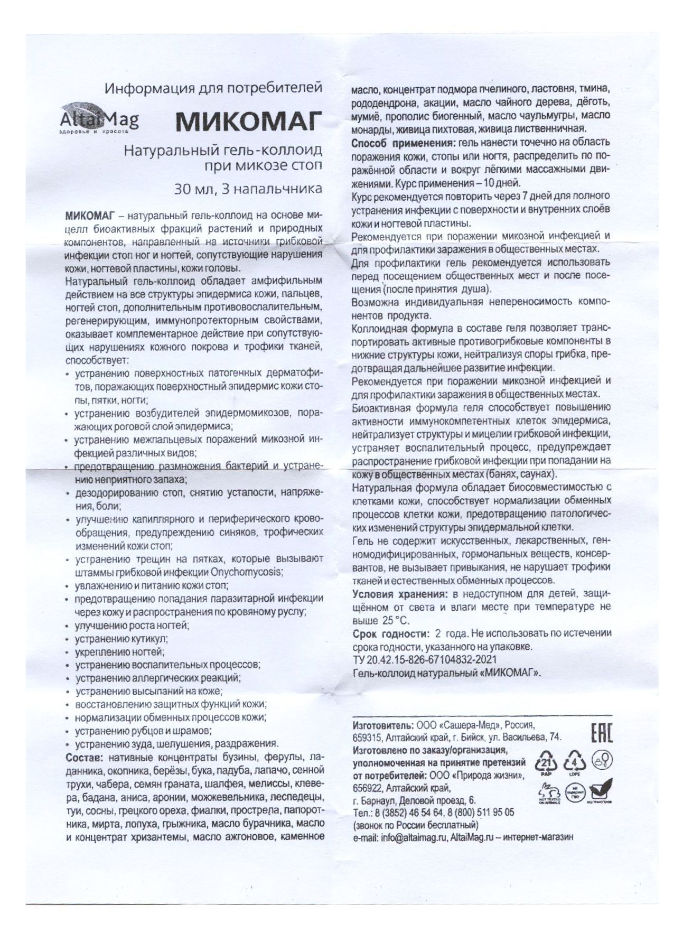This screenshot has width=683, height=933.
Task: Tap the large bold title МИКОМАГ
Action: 248,123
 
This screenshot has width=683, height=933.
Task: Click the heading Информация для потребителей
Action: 212,88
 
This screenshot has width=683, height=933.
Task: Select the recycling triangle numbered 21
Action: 547,762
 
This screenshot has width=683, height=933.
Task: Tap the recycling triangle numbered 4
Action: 576,762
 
